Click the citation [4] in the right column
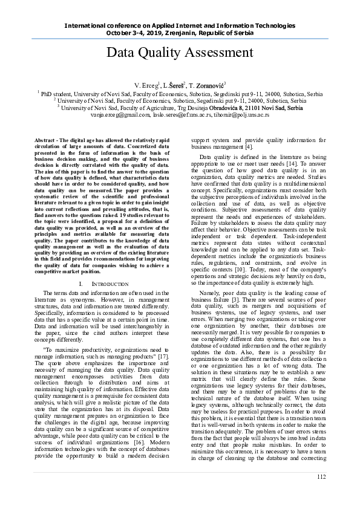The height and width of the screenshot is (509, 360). click(249, 146)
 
